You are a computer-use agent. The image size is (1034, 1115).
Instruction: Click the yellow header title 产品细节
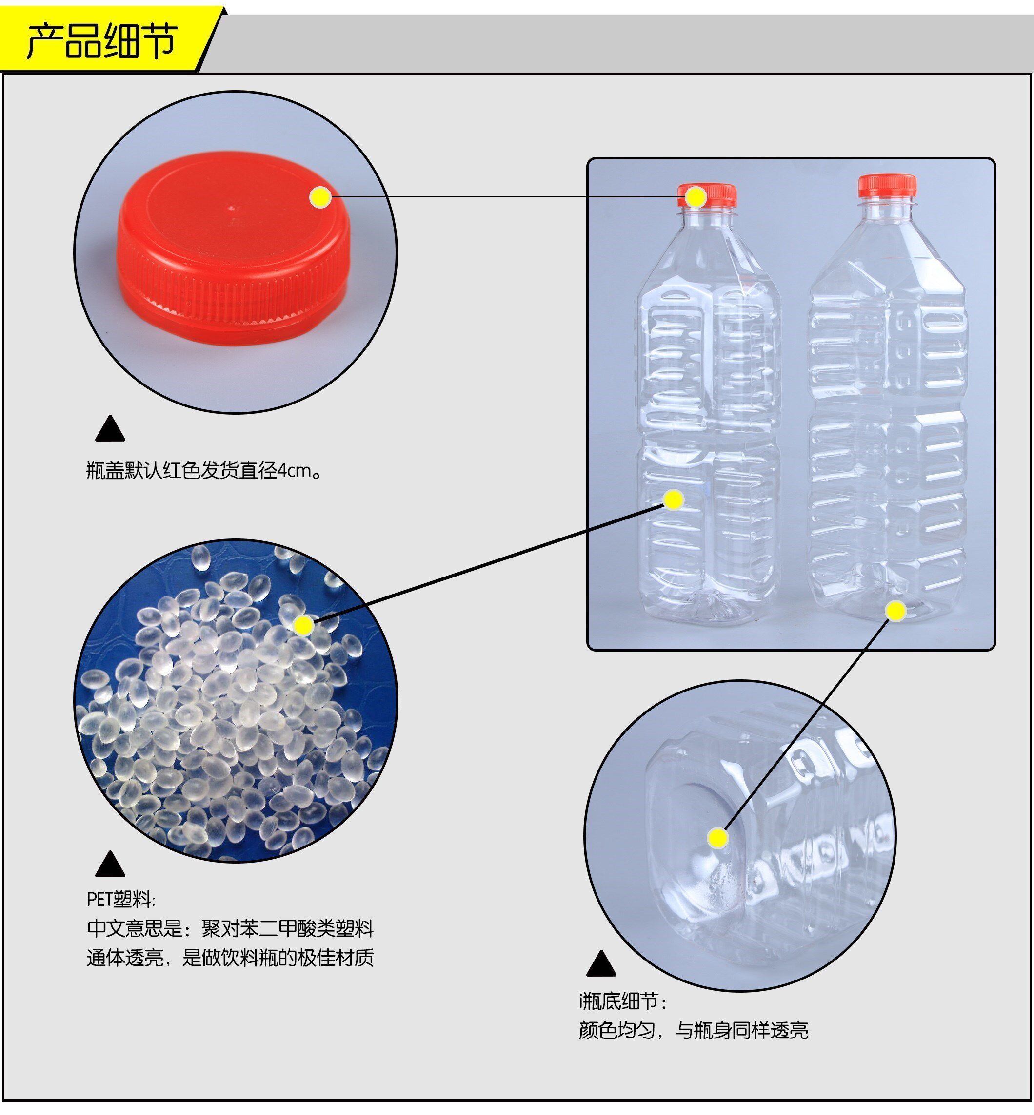pos(102,41)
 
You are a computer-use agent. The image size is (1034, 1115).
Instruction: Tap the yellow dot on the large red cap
pos(320,197)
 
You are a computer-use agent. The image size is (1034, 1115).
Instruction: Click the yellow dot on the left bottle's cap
pos(696,197)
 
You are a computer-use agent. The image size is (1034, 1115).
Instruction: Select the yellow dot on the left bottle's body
pos(674,500)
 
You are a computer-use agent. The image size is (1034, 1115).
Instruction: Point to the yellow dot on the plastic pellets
pos(303,625)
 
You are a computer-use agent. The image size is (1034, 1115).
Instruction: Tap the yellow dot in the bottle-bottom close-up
pos(717,838)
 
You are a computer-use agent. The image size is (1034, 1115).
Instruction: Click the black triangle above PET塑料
pos(110,865)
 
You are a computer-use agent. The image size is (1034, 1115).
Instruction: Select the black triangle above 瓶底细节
pos(601,963)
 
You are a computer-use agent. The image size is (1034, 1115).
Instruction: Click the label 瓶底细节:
pos(623,1001)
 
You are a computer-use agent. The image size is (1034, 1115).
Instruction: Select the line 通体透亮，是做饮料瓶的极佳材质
pos(230,958)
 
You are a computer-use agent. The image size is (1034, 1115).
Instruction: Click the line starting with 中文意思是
pos(230,929)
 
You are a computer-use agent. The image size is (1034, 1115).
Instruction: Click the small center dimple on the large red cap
pos(233,208)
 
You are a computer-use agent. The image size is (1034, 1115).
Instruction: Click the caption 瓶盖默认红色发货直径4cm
pos(204,471)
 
